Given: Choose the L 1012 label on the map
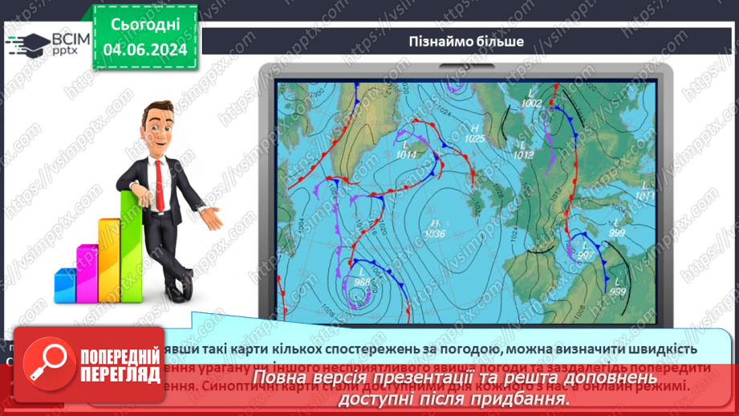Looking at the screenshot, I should click(523, 150).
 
